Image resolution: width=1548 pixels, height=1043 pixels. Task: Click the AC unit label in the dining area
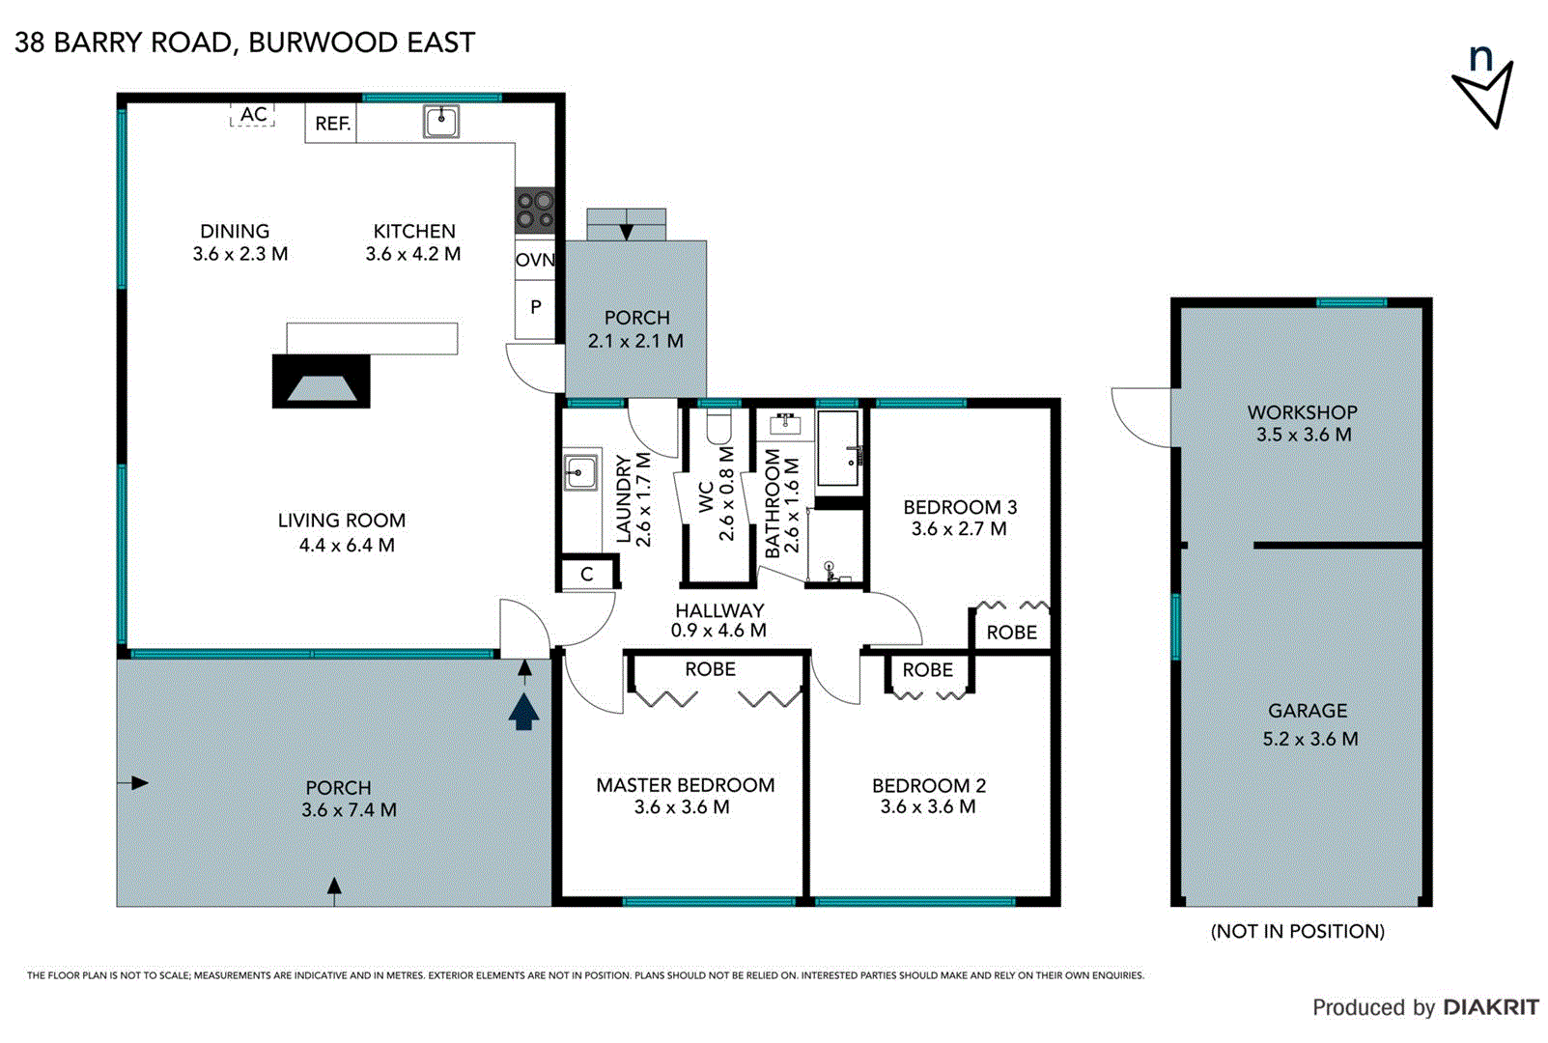(x=253, y=115)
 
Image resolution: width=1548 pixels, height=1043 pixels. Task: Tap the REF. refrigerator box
(x=331, y=124)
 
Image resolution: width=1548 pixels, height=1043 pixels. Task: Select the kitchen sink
(x=441, y=122)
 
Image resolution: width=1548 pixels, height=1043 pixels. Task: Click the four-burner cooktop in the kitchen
(x=534, y=211)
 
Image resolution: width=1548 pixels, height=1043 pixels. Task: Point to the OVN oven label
(x=534, y=260)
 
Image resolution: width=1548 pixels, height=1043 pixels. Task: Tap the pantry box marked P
(x=535, y=308)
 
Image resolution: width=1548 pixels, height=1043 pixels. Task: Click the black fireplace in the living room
(x=321, y=381)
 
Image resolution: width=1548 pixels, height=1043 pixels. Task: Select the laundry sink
(x=579, y=472)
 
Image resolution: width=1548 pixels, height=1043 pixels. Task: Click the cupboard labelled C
(x=586, y=575)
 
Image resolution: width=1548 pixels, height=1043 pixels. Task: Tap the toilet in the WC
(x=719, y=426)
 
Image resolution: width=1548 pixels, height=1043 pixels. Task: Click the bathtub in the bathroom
(x=837, y=449)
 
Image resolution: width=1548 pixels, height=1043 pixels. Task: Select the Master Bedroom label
(x=685, y=785)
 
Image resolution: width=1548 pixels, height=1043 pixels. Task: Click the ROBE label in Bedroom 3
(x=1011, y=633)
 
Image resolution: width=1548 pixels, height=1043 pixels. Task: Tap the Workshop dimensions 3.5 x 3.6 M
(x=1303, y=436)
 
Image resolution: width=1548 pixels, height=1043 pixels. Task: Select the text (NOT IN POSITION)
(x=1297, y=931)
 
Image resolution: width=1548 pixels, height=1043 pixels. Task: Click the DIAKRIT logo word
(x=1490, y=1007)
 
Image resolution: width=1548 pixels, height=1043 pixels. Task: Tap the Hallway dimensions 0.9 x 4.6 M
(x=718, y=631)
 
